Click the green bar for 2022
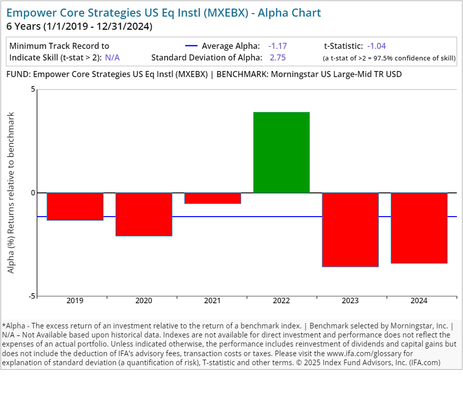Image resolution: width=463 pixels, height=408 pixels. coord(281,152)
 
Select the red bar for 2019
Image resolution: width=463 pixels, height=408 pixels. coord(75,207)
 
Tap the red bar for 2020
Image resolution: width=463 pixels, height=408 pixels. coord(144,214)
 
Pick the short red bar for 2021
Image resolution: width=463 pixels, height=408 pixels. coord(212,198)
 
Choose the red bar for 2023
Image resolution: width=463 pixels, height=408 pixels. coord(350,230)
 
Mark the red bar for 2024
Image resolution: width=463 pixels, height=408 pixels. coord(419,228)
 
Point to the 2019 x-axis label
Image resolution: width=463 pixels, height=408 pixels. coord(75,301)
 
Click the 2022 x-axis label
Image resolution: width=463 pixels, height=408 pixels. coord(281,301)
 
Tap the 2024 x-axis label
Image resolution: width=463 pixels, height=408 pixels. coord(419,301)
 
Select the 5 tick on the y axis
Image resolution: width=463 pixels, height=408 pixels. coord(33,90)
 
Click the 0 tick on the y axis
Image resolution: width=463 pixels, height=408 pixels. coord(33,193)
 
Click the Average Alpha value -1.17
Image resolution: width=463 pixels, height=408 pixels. coord(277,46)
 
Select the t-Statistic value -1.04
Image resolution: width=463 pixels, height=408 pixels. coord(376,46)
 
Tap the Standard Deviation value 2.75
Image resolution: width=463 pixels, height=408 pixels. coord(277,57)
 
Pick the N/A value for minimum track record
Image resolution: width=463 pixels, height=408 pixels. coord(112,57)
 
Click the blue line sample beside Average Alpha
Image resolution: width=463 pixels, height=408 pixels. coord(191,46)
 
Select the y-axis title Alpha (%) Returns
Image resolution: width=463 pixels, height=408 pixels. coord(11,192)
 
